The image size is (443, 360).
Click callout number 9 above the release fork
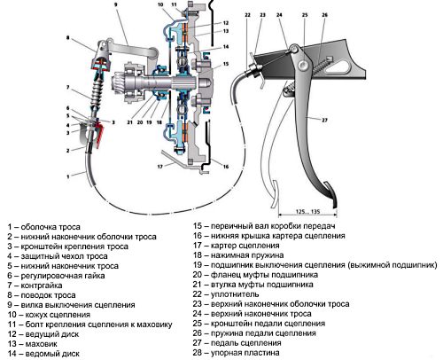(116, 4)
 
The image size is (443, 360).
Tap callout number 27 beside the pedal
(324, 121)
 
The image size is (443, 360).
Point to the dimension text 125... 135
(307, 212)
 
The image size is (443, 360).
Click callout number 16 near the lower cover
(226, 167)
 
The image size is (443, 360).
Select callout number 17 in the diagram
(160, 167)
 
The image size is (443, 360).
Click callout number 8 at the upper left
(67, 38)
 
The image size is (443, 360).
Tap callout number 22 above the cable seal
(247, 15)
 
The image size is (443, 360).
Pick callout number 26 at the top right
(324, 15)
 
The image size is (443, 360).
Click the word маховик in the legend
(41, 344)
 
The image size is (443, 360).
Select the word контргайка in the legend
(42, 286)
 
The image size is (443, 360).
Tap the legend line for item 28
(237, 353)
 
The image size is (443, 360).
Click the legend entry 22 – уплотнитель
(226, 294)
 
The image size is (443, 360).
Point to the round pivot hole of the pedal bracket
(302, 66)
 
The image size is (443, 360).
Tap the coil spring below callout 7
(97, 92)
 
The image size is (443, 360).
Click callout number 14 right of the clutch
(226, 47)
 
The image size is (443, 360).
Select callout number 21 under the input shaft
(130, 122)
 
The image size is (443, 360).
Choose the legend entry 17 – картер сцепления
(237, 246)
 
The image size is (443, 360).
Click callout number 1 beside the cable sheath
(68, 176)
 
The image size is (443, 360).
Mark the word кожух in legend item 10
(36, 315)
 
